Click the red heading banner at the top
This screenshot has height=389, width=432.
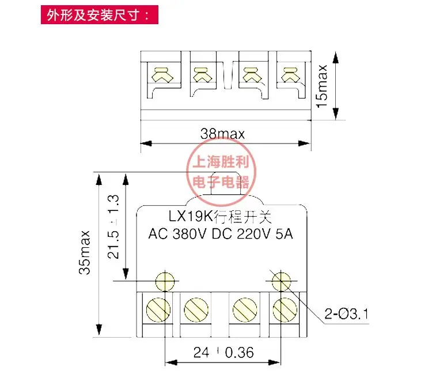click(x=100, y=14)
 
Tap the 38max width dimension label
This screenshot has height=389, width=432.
click(x=222, y=134)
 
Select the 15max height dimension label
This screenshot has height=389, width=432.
click(x=322, y=86)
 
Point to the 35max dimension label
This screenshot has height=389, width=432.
click(x=85, y=252)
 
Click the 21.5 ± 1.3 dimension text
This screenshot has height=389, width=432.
click(x=113, y=226)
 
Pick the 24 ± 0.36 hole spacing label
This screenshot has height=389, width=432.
click(x=223, y=352)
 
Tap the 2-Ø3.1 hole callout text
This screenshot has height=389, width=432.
click(x=346, y=314)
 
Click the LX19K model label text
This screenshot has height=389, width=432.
click(x=220, y=217)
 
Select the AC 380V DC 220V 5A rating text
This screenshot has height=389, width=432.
click(x=221, y=234)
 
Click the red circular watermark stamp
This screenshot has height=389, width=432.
click(x=221, y=172)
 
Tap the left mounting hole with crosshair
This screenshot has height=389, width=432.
click(x=165, y=281)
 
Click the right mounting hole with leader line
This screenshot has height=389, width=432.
click(x=281, y=281)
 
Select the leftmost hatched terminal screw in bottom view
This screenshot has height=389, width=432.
click(x=158, y=309)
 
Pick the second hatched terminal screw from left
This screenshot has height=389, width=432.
click(x=196, y=309)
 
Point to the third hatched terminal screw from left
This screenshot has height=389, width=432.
click(x=245, y=309)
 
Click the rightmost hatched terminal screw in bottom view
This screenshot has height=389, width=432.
click(x=285, y=309)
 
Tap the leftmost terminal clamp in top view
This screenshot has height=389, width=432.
click(x=162, y=75)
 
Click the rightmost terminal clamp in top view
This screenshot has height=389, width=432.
click(x=291, y=75)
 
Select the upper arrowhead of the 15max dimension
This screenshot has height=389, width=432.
click(x=335, y=58)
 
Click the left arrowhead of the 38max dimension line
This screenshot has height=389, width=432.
click(x=146, y=143)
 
